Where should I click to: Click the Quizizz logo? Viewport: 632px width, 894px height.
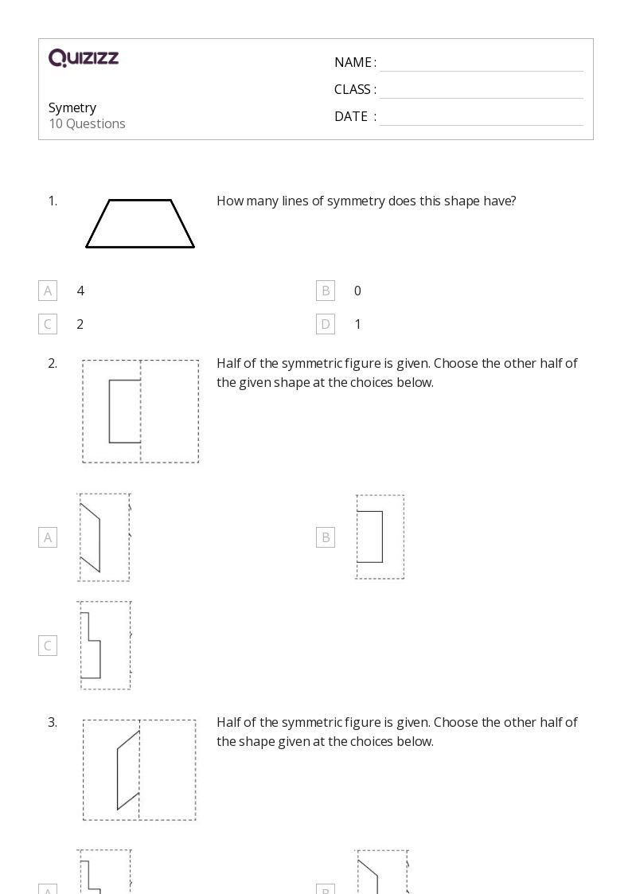[84, 58]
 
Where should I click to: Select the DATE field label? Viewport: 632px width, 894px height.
[351, 116]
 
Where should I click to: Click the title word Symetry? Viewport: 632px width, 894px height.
[72, 107]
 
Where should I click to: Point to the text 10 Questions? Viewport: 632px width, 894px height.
[87, 123]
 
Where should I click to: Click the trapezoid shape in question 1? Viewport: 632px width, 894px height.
[140, 224]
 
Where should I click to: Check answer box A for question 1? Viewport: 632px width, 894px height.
[48, 291]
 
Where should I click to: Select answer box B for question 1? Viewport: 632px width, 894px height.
[325, 291]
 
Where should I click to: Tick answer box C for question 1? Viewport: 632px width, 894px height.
[48, 324]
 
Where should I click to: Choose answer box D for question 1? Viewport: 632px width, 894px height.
[325, 324]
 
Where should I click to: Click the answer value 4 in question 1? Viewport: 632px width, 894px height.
[80, 291]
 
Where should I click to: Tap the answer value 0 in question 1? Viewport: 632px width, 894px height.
[357, 291]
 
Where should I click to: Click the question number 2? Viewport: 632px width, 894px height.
[53, 363]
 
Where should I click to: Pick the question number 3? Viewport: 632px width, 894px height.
[53, 722]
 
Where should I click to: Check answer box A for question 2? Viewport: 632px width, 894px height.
[48, 537]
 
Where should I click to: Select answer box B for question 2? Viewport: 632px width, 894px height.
[325, 537]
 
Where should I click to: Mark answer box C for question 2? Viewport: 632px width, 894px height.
[48, 646]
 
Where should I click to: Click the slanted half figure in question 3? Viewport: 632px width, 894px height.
[128, 770]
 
